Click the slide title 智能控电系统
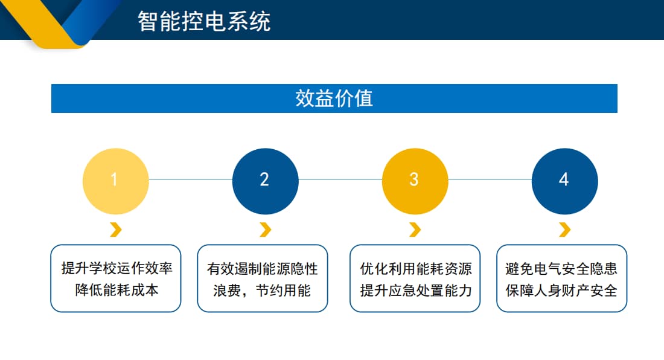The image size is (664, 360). pyautogui.click(x=203, y=21)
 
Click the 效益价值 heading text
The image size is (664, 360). pyautogui.click(x=334, y=98)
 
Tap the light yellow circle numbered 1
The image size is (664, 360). pyautogui.click(x=115, y=181)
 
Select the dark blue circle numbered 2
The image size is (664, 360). pyautogui.click(x=265, y=181)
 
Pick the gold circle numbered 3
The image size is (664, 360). pyautogui.click(x=415, y=181)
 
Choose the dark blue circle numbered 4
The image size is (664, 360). pyautogui.click(x=564, y=181)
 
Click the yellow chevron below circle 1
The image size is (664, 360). pyautogui.click(x=116, y=230)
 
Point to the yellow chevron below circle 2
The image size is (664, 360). pyautogui.click(x=265, y=230)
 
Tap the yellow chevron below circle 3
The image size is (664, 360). pyautogui.click(x=415, y=230)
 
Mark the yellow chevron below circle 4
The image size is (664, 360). pyautogui.click(x=564, y=230)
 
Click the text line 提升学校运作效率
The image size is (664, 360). pyautogui.click(x=117, y=269)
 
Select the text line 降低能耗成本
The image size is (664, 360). pyautogui.click(x=117, y=290)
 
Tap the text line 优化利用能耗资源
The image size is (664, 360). pyautogui.click(x=416, y=269)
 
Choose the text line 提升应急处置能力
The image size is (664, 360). pyautogui.click(x=416, y=291)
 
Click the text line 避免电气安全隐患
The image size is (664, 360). pyautogui.click(x=561, y=269)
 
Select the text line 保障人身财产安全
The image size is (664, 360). pyautogui.click(x=561, y=291)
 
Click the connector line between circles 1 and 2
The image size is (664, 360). pyautogui.click(x=190, y=179)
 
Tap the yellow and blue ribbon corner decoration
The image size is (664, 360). pyautogui.click(x=60, y=21)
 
